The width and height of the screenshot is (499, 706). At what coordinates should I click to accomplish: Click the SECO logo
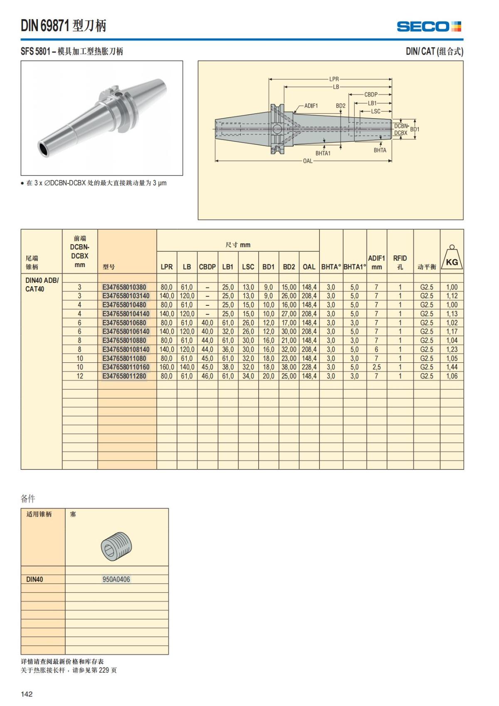429,27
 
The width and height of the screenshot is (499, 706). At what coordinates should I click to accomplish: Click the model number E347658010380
124,287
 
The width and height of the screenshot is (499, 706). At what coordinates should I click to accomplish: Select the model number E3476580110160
126,367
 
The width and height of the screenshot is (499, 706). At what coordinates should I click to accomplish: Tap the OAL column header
309,267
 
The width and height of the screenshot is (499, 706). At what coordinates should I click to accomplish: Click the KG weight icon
452,258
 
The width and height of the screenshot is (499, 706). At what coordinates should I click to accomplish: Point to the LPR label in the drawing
334,79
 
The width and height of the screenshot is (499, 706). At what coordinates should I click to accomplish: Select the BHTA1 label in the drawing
323,153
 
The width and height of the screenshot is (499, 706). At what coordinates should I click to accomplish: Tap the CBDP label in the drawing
371,94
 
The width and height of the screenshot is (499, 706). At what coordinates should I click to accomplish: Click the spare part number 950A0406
116,579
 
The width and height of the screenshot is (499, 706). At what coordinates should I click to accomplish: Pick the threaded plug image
116,545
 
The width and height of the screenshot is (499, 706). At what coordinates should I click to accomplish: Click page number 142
27,694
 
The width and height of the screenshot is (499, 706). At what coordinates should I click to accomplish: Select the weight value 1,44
452,367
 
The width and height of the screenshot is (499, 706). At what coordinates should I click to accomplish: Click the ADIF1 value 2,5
376,367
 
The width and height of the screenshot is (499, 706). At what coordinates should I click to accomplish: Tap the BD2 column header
289,267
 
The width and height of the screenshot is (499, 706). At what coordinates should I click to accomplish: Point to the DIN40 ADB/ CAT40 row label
42,285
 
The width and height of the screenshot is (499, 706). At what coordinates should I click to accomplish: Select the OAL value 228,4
309,367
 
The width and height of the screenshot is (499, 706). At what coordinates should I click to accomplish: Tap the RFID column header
400,262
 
